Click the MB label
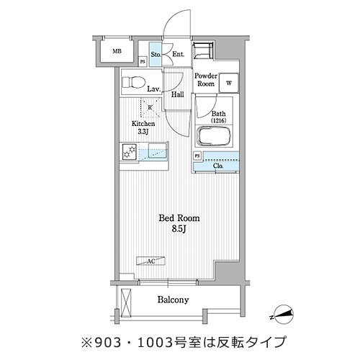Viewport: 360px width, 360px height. point(117,51)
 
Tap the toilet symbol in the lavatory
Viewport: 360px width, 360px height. point(134,82)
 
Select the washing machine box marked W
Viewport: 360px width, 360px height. point(229,83)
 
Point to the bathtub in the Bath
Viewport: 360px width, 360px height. point(213,136)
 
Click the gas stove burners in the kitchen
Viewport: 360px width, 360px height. point(130,152)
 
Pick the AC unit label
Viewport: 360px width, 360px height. point(151,261)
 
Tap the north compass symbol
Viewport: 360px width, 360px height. point(282,315)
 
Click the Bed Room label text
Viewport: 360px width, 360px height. point(179,218)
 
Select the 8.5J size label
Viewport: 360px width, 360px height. point(179,229)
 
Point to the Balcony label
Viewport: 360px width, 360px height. point(173,300)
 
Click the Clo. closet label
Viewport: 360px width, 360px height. point(218,166)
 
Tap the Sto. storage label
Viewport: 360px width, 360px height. point(156,55)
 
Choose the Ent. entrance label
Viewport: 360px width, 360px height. point(179,54)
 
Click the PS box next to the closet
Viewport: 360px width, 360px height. point(197,156)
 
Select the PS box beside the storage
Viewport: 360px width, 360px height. point(143,62)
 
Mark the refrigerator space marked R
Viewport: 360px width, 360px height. point(150,108)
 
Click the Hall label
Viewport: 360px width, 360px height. point(178,94)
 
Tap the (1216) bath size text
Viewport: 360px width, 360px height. point(218,120)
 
